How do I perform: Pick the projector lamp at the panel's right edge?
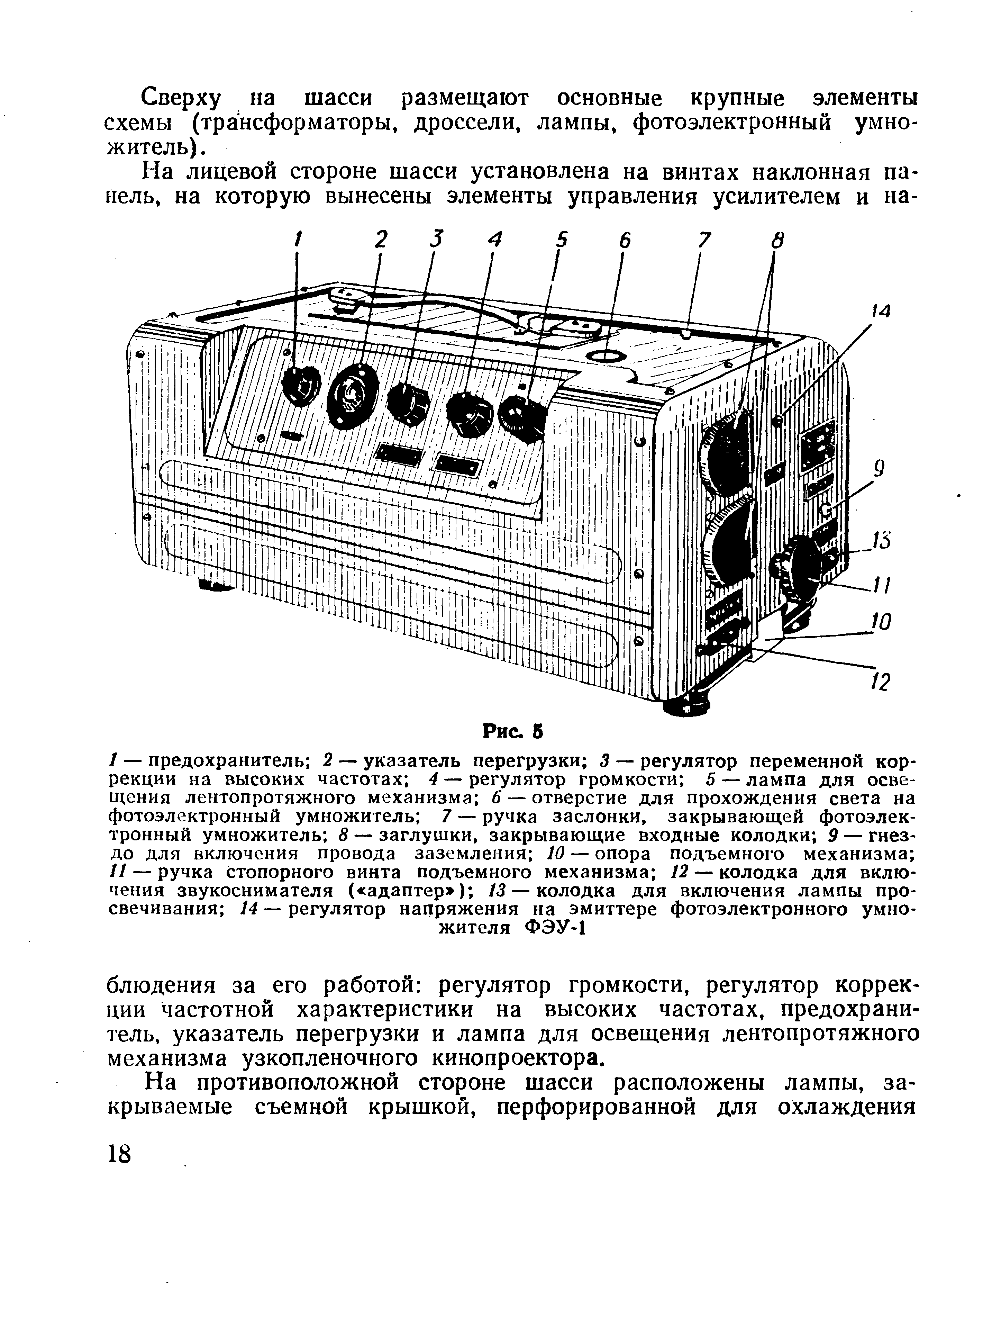pos(523,417)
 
